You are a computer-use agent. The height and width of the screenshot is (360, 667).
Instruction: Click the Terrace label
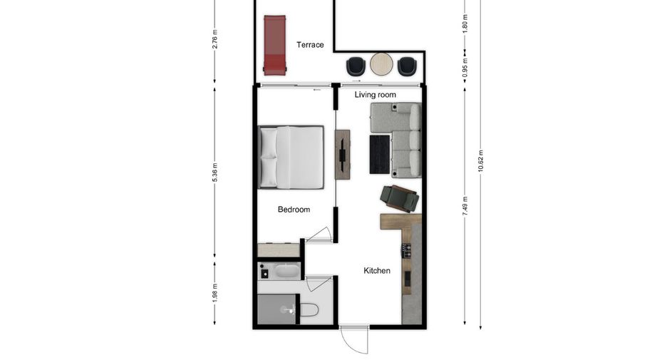coord(310,45)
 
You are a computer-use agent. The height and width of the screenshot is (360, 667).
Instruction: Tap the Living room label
coord(375,95)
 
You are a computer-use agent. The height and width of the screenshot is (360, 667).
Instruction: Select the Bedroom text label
coord(294,210)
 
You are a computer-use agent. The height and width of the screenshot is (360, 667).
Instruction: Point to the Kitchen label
coord(376,271)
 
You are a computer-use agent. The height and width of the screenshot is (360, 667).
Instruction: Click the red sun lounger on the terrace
coord(275,45)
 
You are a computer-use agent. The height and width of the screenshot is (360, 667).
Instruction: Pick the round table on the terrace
coord(381,64)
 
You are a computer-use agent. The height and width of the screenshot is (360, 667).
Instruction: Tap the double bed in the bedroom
coord(291,157)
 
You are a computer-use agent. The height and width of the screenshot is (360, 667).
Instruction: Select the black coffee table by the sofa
coord(379,155)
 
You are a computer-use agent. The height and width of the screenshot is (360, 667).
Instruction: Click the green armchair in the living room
coord(400,198)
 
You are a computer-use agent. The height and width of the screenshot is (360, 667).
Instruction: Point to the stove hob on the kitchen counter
coord(407,251)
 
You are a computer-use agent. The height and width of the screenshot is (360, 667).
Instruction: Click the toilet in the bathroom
coord(309,309)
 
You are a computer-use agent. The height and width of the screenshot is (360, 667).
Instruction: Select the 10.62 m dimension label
coord(481,161)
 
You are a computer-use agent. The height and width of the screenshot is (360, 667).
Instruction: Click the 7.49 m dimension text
coord(465,206)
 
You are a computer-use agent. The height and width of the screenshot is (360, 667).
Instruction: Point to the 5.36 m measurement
coord(214,173)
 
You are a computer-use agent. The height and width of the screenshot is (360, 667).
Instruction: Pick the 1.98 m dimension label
coord(214,293)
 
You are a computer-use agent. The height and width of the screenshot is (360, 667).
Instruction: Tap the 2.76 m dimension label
coord(214,38)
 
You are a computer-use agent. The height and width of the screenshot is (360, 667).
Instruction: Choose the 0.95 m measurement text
coord(465,67)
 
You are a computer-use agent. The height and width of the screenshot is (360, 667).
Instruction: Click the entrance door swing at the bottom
coord(354,340)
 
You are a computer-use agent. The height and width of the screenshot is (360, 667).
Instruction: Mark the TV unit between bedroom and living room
coord(343,155)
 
